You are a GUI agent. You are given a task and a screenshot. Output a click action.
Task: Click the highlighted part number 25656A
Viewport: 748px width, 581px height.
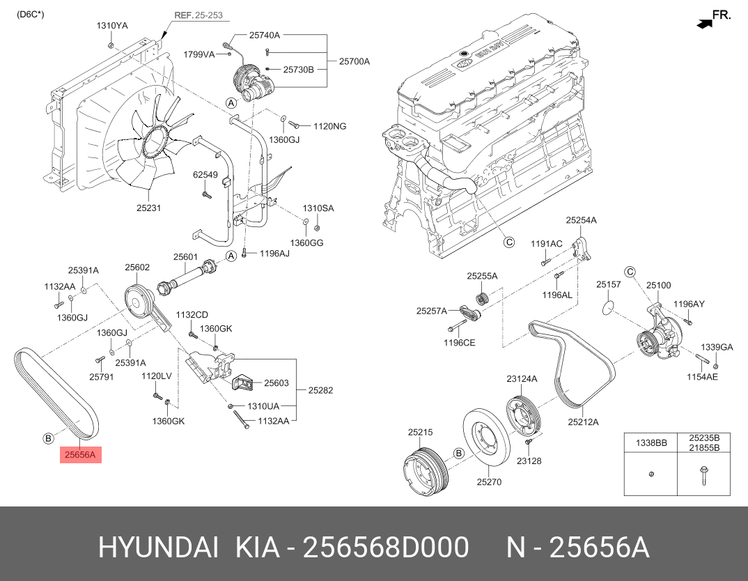click(x=81, y=455)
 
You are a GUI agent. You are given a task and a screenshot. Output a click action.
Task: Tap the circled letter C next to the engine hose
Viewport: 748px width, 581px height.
click(x=509, y=242)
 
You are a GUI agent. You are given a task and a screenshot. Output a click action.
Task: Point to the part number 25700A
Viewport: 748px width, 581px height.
click(x=354, y=61)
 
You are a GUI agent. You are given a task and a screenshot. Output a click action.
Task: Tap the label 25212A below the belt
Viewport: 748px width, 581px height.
click(x=583, y=421)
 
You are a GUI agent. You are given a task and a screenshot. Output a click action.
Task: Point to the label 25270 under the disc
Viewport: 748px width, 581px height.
click(x=489, y=481)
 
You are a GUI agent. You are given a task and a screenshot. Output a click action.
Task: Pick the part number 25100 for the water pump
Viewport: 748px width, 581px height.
click(x=658, y=285)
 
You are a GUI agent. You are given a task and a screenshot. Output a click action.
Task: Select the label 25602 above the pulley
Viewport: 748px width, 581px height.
click(x=137, y=267)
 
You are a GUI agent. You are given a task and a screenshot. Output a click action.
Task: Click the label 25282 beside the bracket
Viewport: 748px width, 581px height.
click(x=320, y=390)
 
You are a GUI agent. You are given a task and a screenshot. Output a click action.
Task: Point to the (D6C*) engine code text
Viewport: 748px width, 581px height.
click(x=31, y=13)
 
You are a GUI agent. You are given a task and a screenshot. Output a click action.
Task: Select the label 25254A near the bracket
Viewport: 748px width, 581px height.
click(x=581, y=220)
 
